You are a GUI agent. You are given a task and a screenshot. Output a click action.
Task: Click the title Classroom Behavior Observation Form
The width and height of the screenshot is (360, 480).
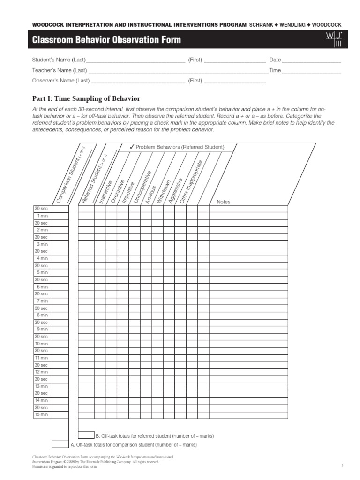tap(106, 40)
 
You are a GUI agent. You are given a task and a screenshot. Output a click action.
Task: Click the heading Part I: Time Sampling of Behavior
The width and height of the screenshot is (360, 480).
tap(86, 98)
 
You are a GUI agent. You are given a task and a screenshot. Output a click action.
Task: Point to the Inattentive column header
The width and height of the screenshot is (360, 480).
tap(105, 191)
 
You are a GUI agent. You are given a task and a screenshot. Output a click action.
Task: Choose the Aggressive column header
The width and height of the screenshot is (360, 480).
tap(175, 190)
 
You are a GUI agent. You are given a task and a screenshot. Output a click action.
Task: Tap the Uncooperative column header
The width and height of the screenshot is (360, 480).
tap(142, 187)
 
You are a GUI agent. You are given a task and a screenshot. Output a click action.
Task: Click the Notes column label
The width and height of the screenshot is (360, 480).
tap(224, 202)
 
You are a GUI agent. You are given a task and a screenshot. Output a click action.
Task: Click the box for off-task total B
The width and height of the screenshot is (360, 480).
tap(86, 435)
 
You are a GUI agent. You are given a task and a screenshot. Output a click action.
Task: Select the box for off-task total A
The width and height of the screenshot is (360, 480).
tap(60, 444)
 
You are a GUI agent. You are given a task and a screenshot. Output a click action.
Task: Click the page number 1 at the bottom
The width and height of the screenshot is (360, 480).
tap(343, 465)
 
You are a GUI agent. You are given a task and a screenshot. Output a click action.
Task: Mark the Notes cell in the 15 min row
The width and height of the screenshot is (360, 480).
tap(248, 415)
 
